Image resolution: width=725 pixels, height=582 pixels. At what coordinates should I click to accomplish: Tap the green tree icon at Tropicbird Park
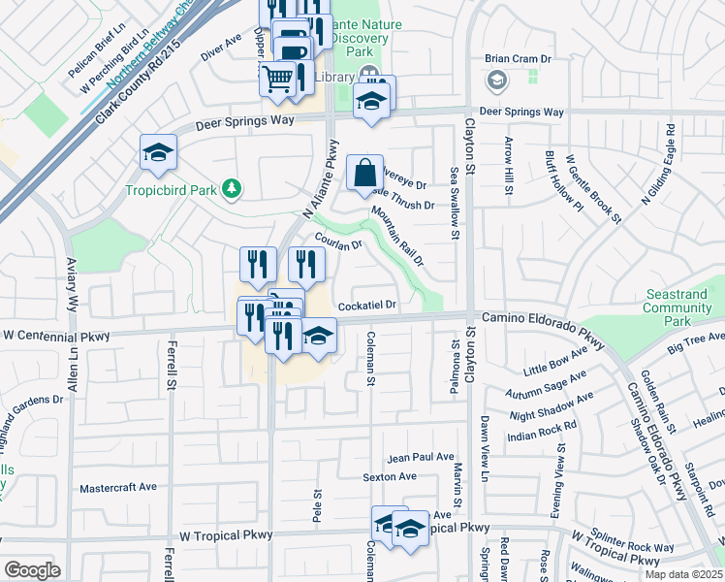[x=231, y=187]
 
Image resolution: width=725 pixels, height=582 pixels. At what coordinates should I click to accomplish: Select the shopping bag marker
[x=364, y=175]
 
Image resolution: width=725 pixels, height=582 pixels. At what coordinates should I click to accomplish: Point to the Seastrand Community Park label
[x=677, y=308]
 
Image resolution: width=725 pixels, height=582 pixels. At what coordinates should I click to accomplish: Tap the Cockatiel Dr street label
[x=367, y=306]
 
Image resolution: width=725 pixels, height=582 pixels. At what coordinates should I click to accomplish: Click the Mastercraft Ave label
[x=117, y=487]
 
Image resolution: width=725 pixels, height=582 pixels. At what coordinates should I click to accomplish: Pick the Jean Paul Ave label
[x=421, y=457]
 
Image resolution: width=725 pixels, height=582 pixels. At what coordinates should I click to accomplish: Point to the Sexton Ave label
[x=390, y=476]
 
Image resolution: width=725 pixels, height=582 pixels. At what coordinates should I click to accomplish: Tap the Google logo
[x=32, y=570]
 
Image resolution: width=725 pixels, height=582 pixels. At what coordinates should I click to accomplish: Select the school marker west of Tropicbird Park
[x=158, y=152]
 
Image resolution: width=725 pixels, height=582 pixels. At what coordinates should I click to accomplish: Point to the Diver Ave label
[x=221, y=44]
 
